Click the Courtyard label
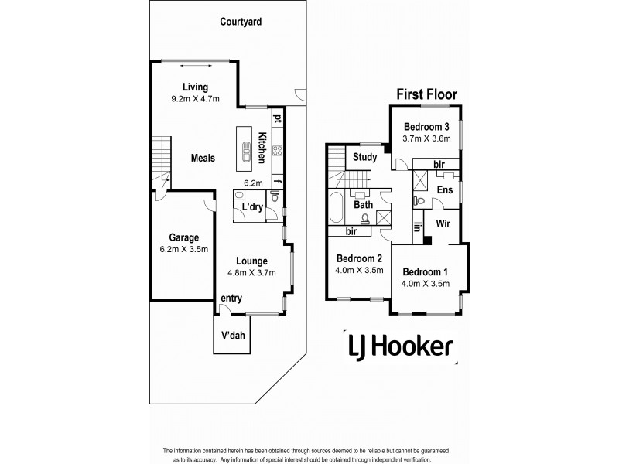click(x=240, y=22)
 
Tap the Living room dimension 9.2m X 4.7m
click(x=195, y=99)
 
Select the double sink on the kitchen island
click(x=245, y=154)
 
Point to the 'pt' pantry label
click(x=276, y=118)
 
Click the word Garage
click(x=184, y=238)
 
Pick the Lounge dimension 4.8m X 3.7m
click(x=251, y=272)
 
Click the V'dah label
click(x=237, y=336)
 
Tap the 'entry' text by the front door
click(x=231, y=299)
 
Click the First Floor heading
click(x=426, y=94)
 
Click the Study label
click(x=364, y=157)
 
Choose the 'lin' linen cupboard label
click(x=417, y=227)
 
